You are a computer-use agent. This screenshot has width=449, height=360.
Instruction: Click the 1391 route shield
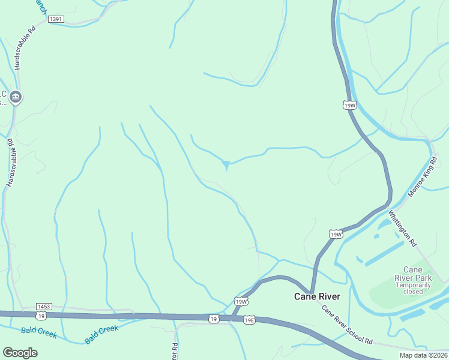(x=56, y=19)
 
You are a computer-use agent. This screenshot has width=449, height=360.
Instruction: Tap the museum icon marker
(x=16, y=96)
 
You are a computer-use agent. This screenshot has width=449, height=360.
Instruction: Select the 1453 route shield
(x=44, y=306)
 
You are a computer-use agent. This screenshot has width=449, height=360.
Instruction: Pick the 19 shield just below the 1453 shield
(x=41, y=315)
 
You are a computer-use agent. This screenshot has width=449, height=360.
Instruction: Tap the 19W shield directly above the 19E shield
(x=241, y=302)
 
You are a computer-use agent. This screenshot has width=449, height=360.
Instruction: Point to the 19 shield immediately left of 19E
(x=214, y=319)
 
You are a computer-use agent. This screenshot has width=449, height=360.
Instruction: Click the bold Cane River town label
(x=317, y=296)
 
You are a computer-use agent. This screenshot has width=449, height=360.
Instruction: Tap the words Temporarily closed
(x=413, y=288)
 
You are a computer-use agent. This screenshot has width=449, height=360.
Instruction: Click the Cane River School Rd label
(x=347, y=325)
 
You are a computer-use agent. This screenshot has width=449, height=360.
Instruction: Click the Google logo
(x=20, y=353)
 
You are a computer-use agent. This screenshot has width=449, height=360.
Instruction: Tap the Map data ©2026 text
(x=423, y=355)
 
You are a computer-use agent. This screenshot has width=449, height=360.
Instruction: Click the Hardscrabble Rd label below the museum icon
(x=9, y=162)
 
